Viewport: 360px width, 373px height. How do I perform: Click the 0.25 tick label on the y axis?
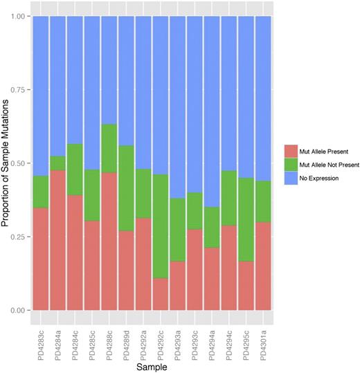click(x=19, y=237)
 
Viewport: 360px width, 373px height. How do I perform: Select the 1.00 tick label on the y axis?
click(x=19, y=16)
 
